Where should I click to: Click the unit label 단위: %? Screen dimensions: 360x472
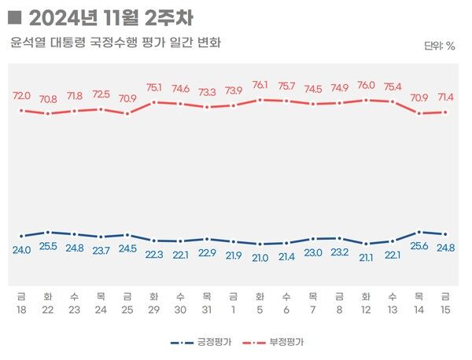pos(439,46)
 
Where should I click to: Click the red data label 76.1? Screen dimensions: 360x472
pos(260,85)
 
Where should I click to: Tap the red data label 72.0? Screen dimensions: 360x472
pos(21,95)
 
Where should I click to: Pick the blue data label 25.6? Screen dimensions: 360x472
pos(419,246)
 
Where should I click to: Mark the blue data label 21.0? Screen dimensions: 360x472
pos(260,257)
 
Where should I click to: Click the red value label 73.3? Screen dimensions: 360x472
pos(207,92)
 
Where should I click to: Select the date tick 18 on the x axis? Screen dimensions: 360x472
pos(21,310)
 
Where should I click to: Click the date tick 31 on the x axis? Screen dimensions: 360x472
pos(207,310)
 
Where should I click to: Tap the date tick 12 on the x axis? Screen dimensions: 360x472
pos(366,310)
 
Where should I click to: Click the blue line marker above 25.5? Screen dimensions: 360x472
pos(48,233)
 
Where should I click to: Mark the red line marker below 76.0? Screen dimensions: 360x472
pos(366,101)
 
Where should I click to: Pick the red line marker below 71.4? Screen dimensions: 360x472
pos(445,112)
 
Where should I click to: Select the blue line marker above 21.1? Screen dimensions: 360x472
pos(366,244)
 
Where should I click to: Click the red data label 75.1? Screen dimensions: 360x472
pos(154,88)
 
